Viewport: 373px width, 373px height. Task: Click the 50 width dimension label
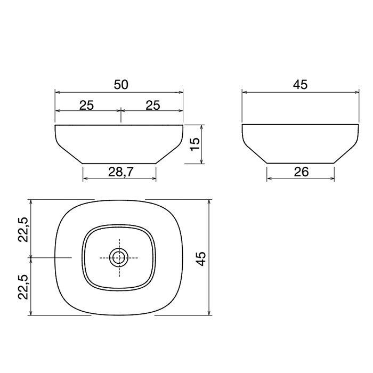[121, 84]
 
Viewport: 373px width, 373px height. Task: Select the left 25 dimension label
[86, 105]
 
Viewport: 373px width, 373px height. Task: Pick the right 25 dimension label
[153, 105]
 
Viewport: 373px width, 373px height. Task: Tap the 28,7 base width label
[121, 172]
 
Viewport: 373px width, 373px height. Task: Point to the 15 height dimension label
[195, 144]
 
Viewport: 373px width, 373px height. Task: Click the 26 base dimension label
[301, 172]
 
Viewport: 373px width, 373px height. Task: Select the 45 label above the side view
[300, 84]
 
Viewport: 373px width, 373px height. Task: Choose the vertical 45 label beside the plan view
[201, 259]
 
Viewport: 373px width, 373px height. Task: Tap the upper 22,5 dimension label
[23, 230]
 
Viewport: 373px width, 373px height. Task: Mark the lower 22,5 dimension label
[23, 287]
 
